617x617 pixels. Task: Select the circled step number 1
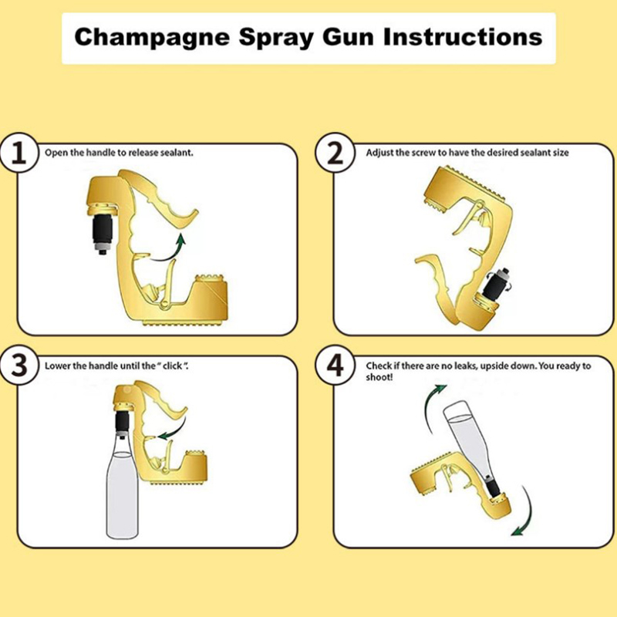tap(19, 153)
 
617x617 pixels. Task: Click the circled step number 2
tap(335, 153)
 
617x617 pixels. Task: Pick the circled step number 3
tap(19, 366)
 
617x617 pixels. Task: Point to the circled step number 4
tap(335, 366)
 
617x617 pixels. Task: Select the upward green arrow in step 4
tap(431, 406)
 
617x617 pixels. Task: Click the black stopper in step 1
tap(102, 234)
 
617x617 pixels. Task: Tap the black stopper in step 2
tap(494, 283)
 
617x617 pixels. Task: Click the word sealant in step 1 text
tap(177, 153)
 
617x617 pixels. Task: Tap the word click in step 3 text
tap(172, 366)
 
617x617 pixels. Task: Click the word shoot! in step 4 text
tap(379, 377)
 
